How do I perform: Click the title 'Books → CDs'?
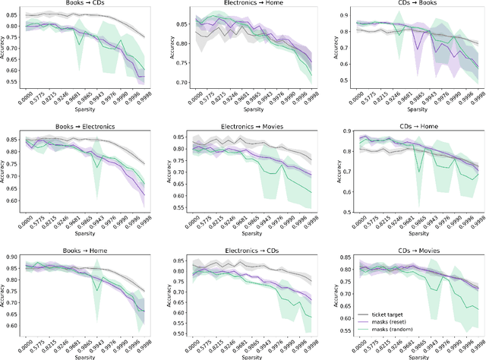(86, 5)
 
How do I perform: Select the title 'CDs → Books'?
(410, 5)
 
